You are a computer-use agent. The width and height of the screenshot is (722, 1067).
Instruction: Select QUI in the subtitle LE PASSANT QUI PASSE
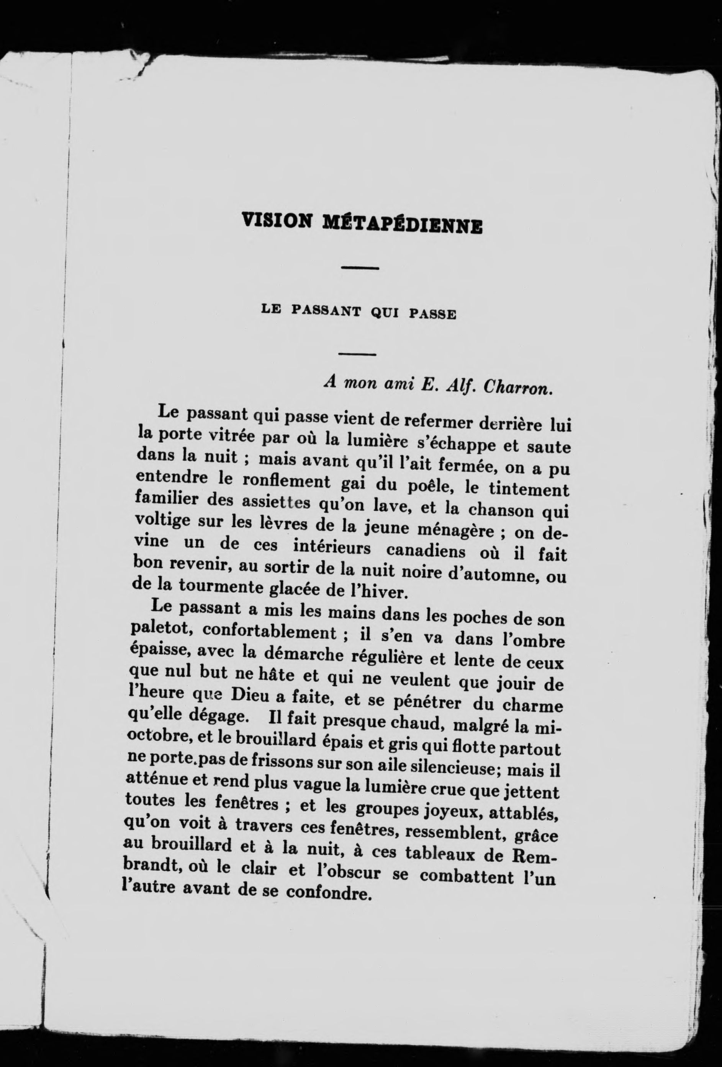385,314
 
